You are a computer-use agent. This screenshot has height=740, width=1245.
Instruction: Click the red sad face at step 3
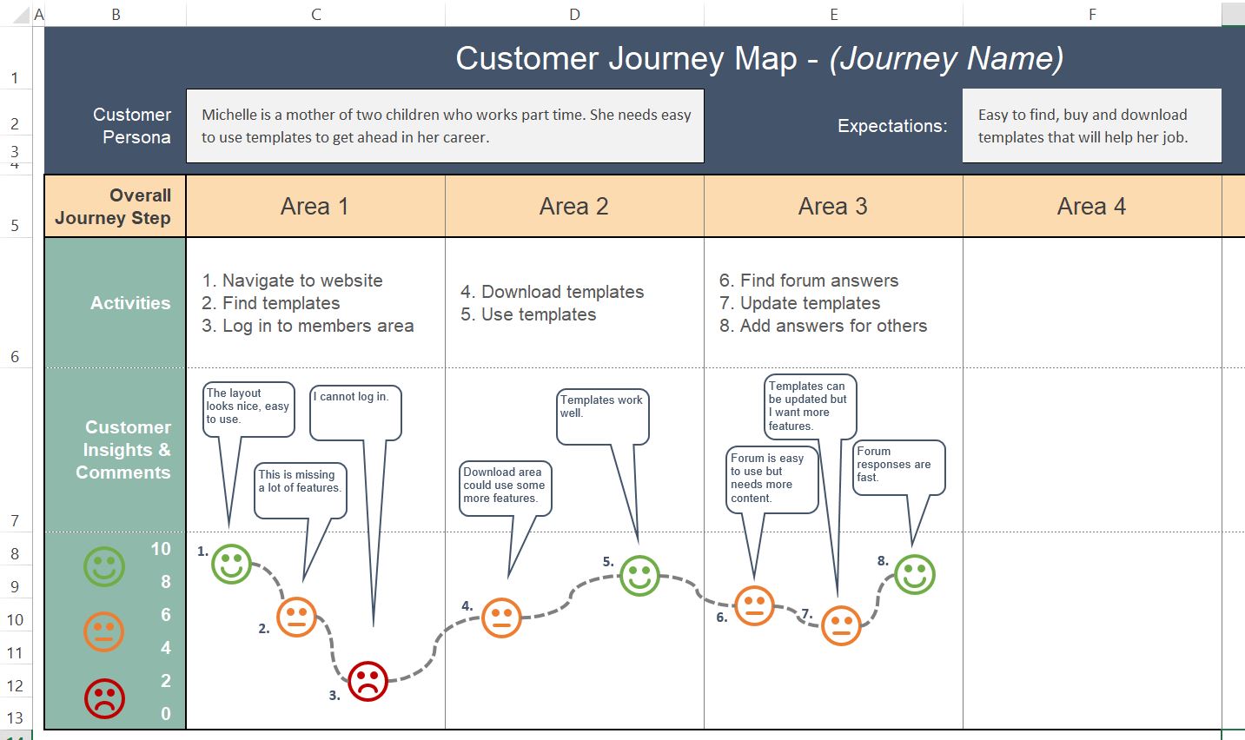(x=368, y=681)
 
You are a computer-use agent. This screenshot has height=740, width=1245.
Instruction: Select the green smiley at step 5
(x=639, y=575)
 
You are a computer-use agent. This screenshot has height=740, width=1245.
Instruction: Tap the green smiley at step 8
(x=914, y=574)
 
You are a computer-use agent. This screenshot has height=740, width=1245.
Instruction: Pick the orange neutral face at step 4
(x=500, y=618)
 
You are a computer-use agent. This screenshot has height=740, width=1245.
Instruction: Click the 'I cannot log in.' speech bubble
(x=355, y=413)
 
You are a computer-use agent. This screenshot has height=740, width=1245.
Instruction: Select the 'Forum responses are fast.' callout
(x=898, y=467)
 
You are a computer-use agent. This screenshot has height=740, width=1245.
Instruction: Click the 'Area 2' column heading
(x=573, y=207)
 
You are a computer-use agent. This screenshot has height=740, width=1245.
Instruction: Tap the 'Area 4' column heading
(x=1091, y=207)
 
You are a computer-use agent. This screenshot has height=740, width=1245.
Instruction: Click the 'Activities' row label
(x=130, y=303)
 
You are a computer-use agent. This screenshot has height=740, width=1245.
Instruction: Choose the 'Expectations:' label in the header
(x=892, y=126)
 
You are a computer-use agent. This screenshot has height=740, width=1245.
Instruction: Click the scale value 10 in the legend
(x=161, y=549)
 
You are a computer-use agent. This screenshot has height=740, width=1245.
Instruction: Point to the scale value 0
(x=165, y=714)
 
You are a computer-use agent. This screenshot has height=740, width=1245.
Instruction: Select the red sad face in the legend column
(x=104, y=698)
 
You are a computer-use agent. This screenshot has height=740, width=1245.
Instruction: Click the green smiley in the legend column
(x=104, y=566)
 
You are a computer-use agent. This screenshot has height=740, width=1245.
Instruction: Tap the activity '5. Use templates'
(x=528, y=314)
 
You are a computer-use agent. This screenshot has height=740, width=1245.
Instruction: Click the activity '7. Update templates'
(x=800, y=303)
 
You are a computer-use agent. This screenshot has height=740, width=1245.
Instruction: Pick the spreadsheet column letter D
(x=574, y=14)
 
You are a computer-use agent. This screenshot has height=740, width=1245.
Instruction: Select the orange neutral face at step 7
(x=840, y=624)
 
